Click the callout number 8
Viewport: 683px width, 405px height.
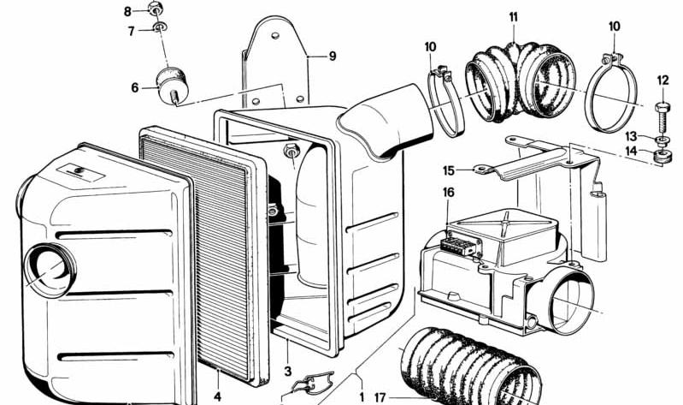click(127, 11)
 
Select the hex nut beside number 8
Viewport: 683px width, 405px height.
click(155, 8)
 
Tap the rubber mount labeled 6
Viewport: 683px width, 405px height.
click(173, 86)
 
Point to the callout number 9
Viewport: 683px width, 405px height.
click(333, 57)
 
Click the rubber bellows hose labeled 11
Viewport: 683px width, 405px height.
click(521, 81)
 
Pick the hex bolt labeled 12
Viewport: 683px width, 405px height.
click(662, 118)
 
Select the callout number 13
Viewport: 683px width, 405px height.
click(631, 136)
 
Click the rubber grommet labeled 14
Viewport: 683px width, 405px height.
click(663, 155)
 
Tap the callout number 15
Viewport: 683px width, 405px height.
click(449, 170)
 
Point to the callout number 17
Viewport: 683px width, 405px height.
click(380, 397)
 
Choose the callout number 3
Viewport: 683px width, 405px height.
click(288, 372)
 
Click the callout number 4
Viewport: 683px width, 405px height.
click(217, 396)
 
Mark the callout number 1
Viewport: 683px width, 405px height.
click(362, 396)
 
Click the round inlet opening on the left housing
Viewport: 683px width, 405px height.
click(50, 271)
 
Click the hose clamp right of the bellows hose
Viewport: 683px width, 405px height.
click(610, 92)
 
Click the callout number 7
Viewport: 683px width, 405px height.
click(131, 32)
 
